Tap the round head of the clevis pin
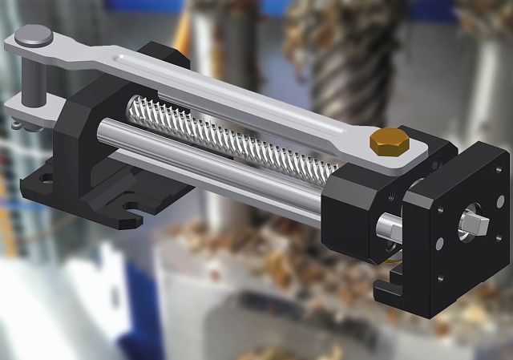36,36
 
